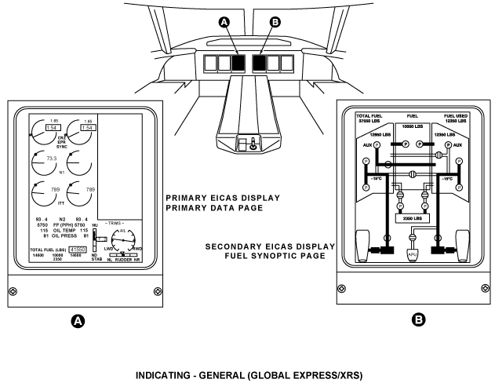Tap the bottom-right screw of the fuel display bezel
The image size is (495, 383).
click(x=479, y=291)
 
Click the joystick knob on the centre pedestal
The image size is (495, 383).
click(x=252, y=144)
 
